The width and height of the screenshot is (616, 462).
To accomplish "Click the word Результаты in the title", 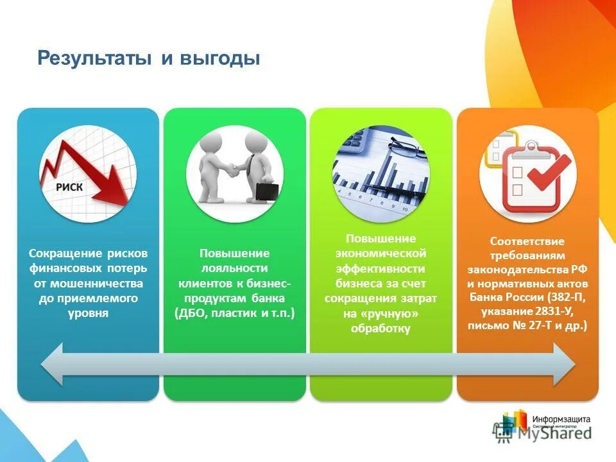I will tap(96, 58).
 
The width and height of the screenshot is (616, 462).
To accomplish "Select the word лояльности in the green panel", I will tap(234, 268).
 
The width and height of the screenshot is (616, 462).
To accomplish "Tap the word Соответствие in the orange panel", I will tap(527, 242).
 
